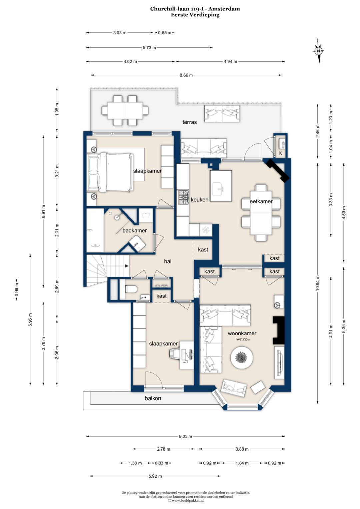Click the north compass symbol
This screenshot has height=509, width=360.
pyautogui.click(x=319, y=51)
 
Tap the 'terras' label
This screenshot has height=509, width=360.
pyautogui.click(x=190, y=122)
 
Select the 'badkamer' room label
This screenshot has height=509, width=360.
pyautogui.click(x=135, y=231)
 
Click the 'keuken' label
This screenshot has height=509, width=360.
pyautogui.click(x=200, y=200)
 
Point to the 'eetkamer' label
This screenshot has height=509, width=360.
pyautogui.click(x=261, y=201)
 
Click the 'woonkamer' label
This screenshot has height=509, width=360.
pyautogui.click(x=242, y=333)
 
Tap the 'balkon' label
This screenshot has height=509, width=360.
pyautogui.click(x=153, y=398)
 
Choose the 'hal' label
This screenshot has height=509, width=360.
pyautogui.click(x=168, y=261)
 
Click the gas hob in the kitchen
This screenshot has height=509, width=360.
pyautogui.click(x=183, y=197)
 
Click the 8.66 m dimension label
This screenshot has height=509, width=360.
pyautogui.click(x=186, y=75)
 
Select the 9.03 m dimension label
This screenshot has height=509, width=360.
pyautogui.click(x=185, y=436)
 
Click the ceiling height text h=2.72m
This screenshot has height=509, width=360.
pyautogui.click(x=243, y=339)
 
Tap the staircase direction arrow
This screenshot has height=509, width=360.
pyautogui.click(x=127, y=266)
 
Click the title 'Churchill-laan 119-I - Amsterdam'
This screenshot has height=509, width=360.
pyautogui.click(x=195, y=9)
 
